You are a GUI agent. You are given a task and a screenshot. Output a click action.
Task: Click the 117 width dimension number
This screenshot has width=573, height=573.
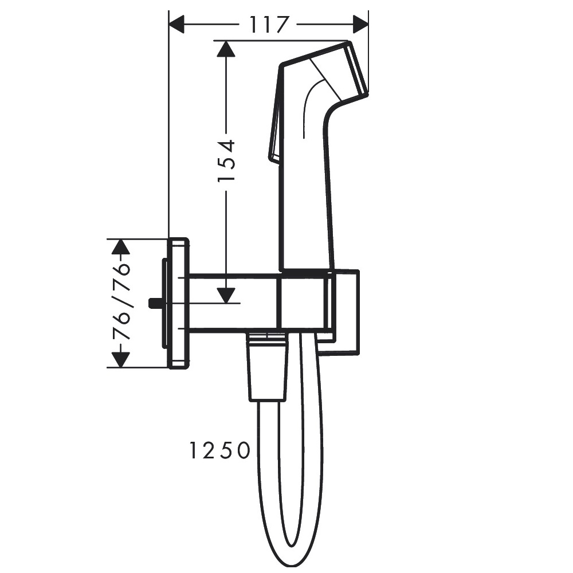pyautogui.click(x=269, y=25)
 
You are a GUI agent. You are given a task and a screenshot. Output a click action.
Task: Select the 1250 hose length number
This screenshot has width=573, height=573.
pyautogui.click(x=219, y=450)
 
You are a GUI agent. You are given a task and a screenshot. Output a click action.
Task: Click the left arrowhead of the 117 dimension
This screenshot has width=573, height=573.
pyautogui.click(x=176, y=25)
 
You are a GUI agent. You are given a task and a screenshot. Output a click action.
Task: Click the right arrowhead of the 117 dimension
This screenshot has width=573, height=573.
pyautogui.click(x=360, y=25)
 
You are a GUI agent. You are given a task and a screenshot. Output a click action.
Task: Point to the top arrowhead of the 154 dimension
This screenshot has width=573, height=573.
pyautogui.click(x=226, y=49)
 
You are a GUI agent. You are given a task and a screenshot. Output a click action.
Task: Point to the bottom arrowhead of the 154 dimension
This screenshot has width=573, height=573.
pyautogui.click(x=226, y=295)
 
